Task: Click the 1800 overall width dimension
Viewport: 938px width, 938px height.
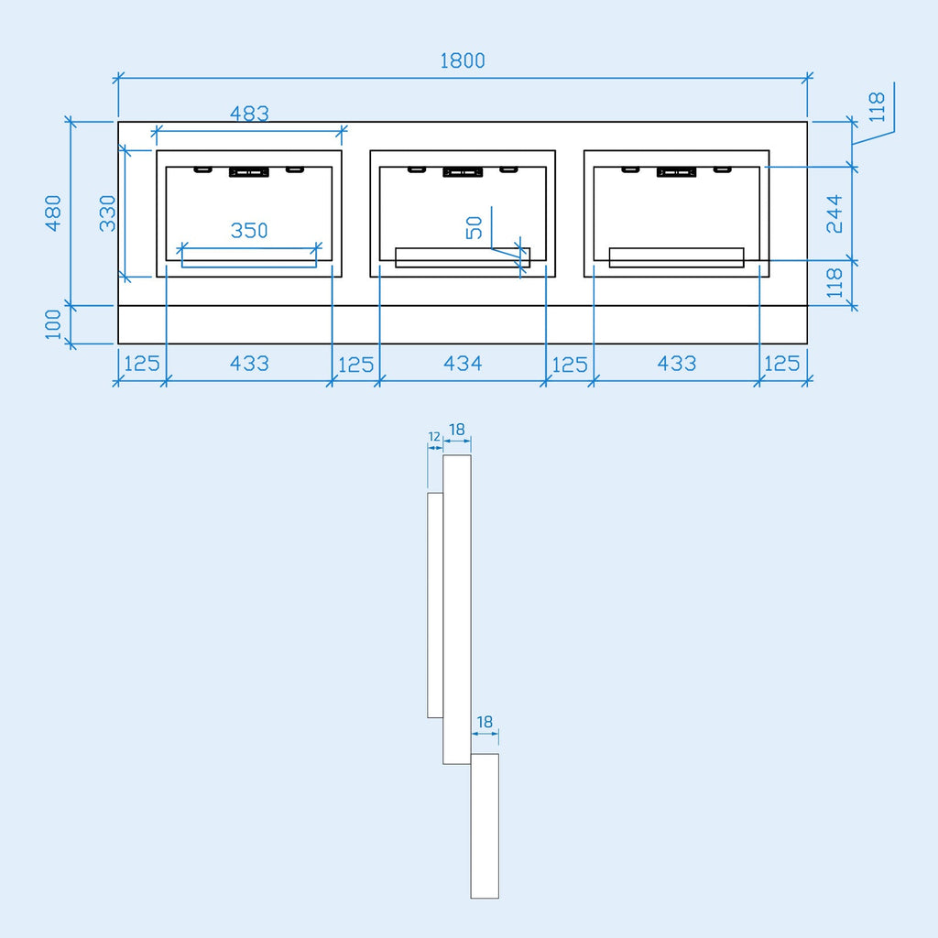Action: click(x=463, y=60)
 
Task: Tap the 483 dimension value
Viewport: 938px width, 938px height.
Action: click(x=249, y=113)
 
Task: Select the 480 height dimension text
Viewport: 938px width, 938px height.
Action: click(x=53, y=213)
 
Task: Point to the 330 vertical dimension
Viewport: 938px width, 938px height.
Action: click(x=108, y=213)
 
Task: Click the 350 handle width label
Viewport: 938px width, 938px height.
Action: click(x=249, y=230)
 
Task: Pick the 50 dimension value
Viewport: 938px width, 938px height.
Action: click(x=474, y=227)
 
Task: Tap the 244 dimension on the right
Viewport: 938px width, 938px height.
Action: click(x=834, y=213)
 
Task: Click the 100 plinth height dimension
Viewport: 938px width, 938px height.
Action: click(x=53, y=324)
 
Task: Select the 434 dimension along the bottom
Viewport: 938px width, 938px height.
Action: click(x=463, y=363)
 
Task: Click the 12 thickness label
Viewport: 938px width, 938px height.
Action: click(x=434, y=437)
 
